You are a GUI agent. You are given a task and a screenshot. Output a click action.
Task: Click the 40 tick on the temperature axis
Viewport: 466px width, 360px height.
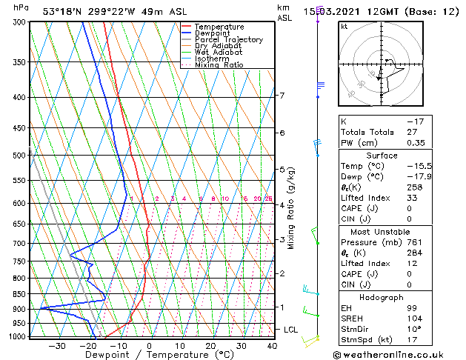pyautogui.click(x=272, y=345)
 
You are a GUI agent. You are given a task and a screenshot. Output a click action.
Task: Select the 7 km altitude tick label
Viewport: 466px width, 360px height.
pyautogui.click(x=282, y=96)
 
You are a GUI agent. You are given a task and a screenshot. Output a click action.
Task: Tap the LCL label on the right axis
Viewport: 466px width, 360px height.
pyautogui.click(x=291, y=330)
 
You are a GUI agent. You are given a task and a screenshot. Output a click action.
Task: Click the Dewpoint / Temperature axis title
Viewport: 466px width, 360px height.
pyautogui.click(x=150, y=355)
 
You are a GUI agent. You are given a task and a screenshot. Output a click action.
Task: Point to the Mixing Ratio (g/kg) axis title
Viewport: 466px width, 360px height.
pyautogui.click(x=291, y=208)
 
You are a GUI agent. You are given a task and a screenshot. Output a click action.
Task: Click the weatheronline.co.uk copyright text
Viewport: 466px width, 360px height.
pyautogui.click(x=398, y=354)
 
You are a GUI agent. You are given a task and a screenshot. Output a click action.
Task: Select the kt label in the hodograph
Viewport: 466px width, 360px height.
pyautogui.click(x=344, y=27)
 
